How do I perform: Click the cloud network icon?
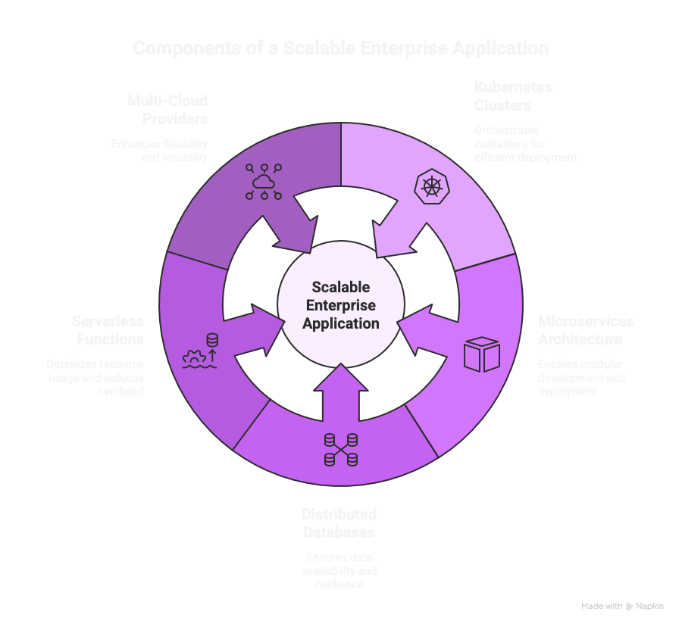pyautogui.click(x=264, y=182)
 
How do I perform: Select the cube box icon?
pyautogui.click(x=482, y=354)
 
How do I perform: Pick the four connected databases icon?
pyautogui.click(x=340, y=450)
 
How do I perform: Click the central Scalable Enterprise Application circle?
pyautogui.click(x=340, y=305)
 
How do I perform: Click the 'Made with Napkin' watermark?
pyautogui.click(x=623, y=607)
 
